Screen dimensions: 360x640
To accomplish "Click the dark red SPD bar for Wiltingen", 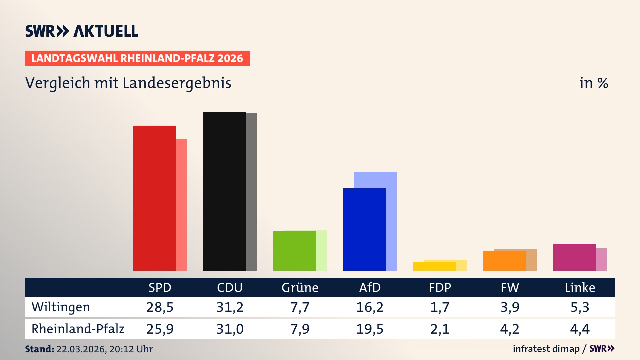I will [154, 198].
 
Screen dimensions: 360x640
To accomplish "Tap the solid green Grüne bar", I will [294, 251].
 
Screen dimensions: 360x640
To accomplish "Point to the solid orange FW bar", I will [504, 261].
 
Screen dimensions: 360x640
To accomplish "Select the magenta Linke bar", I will [574, 257].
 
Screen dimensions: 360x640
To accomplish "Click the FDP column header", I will [440, 287].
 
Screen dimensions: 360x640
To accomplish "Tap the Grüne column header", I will [300, 287].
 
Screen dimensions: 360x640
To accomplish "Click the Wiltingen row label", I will [61, 307].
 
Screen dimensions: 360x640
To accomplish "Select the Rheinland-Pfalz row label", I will [78, 329].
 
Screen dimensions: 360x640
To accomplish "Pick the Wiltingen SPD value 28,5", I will [160, 307].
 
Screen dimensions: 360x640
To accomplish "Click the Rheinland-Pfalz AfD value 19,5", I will [370, 329].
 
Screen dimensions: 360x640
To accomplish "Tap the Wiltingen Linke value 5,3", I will [580, 307].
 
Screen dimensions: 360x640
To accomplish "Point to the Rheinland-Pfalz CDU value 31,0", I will [230, 329].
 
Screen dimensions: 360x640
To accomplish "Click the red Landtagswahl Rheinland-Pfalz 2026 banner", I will [137, 58].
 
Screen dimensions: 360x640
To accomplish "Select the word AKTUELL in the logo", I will [106, 31].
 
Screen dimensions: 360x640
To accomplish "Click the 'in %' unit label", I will [593, 83].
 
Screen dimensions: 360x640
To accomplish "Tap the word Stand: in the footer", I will [39, 349].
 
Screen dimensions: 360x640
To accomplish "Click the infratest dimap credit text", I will [546, 349].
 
